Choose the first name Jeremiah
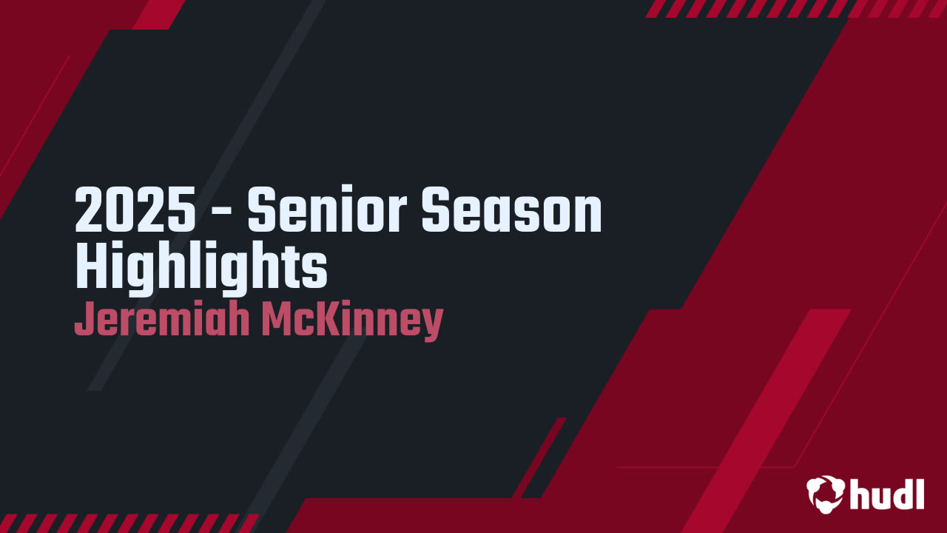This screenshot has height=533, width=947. click(161, 320)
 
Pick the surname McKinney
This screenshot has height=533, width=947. click(352, 320)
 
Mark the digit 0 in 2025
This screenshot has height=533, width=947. click(119, 211)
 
